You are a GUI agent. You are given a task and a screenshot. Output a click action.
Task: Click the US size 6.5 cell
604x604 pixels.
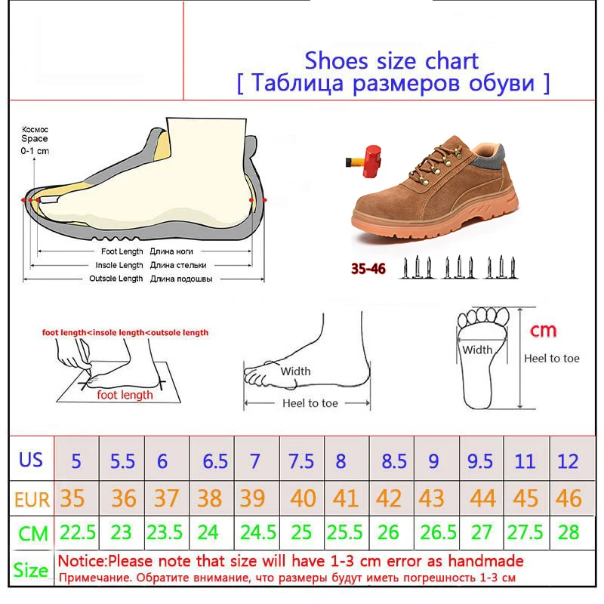click(211, 458)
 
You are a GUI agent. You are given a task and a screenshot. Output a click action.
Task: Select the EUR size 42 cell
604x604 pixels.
click(391, 498)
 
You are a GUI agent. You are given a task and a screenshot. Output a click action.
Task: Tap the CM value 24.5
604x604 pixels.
click(257, 532)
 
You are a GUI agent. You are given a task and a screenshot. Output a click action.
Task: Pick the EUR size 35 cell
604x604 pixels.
click(77, 498)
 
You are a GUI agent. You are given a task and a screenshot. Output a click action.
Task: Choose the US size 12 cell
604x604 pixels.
click(572, 458)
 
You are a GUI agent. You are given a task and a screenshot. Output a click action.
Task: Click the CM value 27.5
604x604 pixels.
click(527, 532)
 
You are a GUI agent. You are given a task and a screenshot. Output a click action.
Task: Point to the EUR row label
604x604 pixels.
click(32, 499)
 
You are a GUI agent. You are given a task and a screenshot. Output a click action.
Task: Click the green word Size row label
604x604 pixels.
click(31, 570)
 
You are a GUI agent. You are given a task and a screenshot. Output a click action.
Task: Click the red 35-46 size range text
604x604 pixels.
click(368, 269)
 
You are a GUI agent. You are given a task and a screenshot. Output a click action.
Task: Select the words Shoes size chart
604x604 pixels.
click(391, 61)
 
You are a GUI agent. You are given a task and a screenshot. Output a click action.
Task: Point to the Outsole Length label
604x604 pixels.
click(116, 279)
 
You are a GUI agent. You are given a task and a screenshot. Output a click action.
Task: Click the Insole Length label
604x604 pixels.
click(119, 265)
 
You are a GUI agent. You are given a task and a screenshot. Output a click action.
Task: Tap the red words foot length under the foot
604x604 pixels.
click(125, 395)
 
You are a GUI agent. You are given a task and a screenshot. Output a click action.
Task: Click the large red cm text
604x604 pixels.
click(543, 331)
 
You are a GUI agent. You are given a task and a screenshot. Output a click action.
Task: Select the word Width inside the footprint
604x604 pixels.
click(477, 350)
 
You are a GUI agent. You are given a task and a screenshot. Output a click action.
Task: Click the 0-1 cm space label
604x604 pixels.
click(35, 151)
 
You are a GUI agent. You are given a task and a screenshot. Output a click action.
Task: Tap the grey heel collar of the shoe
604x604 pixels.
click(489, 158)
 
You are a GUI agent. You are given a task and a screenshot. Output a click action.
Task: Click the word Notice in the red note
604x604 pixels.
click(82, 561)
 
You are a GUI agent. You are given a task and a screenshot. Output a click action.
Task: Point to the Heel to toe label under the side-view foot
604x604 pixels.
click(310, 403)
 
